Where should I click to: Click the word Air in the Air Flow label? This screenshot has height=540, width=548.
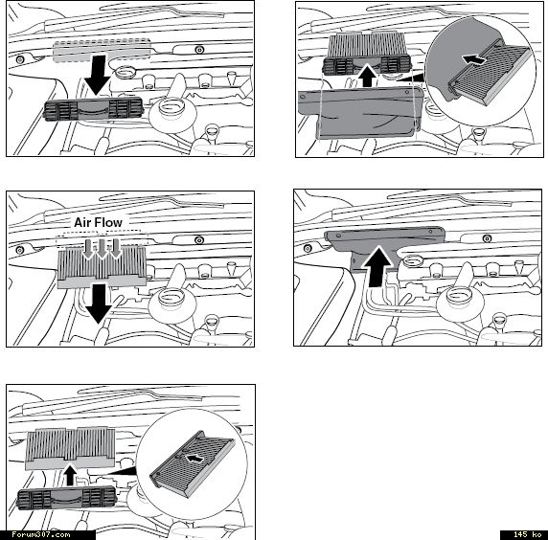82,222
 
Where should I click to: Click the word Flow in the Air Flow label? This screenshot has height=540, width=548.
108,222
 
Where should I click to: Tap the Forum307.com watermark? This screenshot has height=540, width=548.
41,535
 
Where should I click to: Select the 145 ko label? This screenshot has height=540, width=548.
527,535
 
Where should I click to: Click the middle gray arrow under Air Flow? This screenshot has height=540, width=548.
102,249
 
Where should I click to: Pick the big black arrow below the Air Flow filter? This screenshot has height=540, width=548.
99,304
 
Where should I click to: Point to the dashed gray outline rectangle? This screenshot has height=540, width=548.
102,50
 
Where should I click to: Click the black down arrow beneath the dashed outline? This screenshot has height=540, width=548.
97,75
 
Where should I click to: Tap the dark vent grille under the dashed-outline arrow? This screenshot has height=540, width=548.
93,109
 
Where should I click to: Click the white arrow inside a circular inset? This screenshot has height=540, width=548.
194,458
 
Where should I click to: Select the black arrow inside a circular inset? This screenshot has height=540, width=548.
474,59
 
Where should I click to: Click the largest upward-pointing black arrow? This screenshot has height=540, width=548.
377,266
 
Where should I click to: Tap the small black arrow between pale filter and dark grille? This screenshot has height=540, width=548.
70,474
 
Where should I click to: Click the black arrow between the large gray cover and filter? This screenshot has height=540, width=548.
367,75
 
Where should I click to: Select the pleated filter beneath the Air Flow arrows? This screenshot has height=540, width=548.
102,267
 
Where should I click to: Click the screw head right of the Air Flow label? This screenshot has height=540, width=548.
199,240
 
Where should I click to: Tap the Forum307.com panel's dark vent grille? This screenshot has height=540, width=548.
66,498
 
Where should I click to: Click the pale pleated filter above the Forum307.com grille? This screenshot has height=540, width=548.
71,448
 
